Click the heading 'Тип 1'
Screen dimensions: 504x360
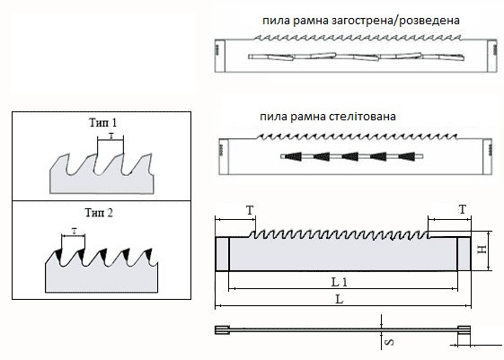click(x=102, y=123)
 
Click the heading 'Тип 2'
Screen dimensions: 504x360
click(x=99, y=213)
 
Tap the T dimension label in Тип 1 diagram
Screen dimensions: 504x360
click(x=111, y=136)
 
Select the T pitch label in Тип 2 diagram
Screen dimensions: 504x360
click(x=75, y=231)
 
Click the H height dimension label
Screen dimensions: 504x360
click(x=482, y=250)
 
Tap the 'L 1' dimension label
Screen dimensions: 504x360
click(x=340, y=282)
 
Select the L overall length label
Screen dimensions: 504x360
click(x=340, y=299)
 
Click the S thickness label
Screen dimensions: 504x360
click(x=389, y=342)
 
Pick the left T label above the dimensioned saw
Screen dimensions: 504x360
click(x=250, y=211)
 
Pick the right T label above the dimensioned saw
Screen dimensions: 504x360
click(x=462, y=210)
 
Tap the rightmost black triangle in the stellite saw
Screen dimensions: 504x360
click(x=406, y=156)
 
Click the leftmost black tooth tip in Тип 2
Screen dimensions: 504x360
click(x=58, y=254)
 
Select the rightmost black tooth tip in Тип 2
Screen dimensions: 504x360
click(x=148, y=254)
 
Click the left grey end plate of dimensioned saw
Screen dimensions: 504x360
click(x=222, y=254)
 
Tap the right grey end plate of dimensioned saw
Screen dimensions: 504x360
click(x=464, y=254)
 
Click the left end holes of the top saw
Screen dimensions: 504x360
click(x=217, y=48)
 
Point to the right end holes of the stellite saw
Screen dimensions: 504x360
click(x=490, y=149)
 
